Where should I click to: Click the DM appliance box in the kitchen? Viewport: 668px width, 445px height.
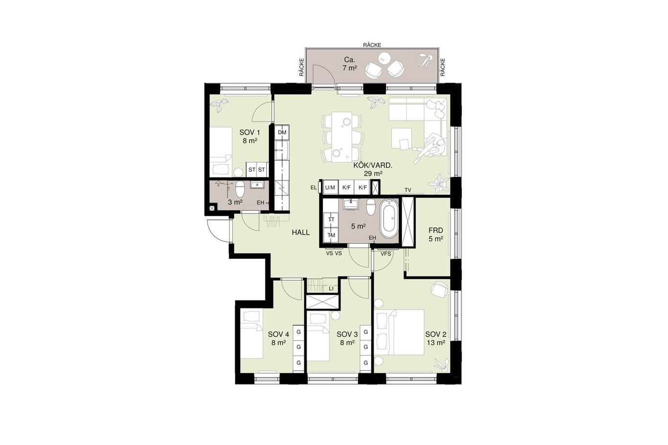[x=282, y=132]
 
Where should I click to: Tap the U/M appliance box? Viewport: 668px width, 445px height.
[x=330, y=188]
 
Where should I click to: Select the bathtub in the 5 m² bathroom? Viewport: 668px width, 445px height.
[x=389, y=218]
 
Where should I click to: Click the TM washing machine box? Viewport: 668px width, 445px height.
[x=331, y=235]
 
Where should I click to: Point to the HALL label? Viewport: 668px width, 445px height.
[x=301, y=233]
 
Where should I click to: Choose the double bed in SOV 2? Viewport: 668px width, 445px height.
[x=399, y=332]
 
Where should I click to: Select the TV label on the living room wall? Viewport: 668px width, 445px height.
[x=408, y=190]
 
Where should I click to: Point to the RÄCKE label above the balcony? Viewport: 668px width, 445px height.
[x=372, y=45]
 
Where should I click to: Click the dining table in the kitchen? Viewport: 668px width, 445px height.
[x=342, y=137]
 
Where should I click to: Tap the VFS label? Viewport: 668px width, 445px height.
[x=385, y=254]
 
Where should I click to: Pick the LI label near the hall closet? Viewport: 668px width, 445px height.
[x=331, y=288]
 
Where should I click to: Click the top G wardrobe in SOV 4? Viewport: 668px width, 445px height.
[x=298, y=332]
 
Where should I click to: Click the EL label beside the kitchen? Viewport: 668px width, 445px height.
[x=313, y=188]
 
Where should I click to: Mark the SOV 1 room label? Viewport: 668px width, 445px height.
[x=250, y=137]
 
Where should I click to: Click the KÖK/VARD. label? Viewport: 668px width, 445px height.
[x=373, y=170]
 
